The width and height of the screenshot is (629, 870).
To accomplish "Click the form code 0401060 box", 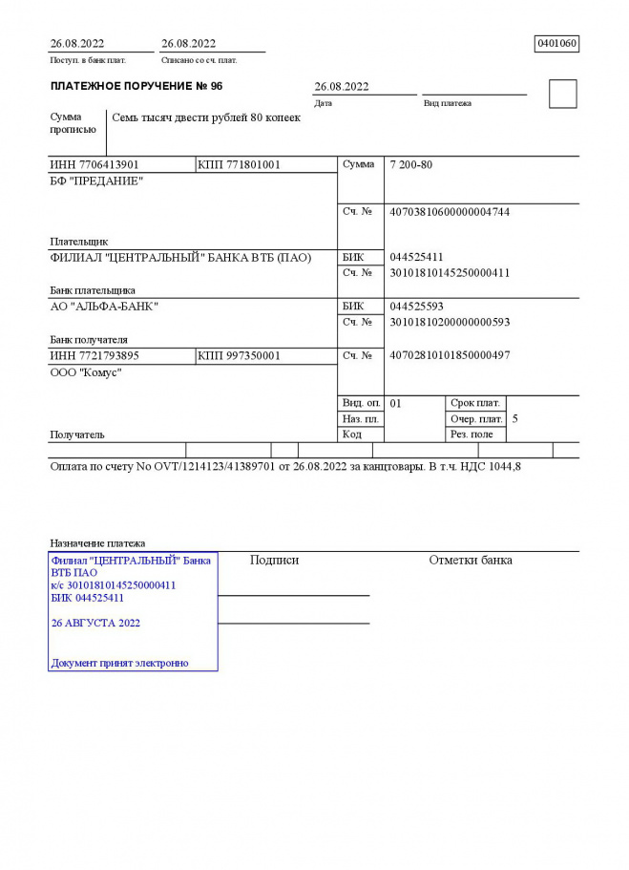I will point(557,43).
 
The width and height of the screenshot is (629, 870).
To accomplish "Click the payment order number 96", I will point(217,86).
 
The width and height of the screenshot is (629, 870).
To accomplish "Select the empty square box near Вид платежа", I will point(563,94).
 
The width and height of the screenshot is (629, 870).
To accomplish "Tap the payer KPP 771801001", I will point(239,164).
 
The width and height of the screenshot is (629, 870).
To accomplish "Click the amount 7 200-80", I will point(411,164).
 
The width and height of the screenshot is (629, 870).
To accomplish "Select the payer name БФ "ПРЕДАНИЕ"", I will point(96,181).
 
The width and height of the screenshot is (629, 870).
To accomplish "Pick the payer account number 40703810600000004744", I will point(450,211).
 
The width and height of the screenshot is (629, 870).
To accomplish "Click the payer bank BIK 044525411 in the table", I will point(417,257).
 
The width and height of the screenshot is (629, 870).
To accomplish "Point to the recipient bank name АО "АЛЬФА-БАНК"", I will point(104,307).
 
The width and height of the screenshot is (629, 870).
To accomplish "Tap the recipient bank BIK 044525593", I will point(417,307).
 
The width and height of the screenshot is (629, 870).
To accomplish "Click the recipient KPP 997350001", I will point(239,355).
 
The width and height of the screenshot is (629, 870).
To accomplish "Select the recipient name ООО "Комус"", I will point(86,372).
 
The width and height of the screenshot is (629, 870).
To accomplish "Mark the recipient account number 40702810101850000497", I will point(450,355).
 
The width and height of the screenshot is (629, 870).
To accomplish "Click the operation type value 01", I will point(396,403).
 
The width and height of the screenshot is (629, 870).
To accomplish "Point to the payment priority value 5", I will point(515,418).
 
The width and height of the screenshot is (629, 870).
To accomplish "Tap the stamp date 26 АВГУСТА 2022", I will point(95,622).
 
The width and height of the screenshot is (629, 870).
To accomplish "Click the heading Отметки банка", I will point(471,560).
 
